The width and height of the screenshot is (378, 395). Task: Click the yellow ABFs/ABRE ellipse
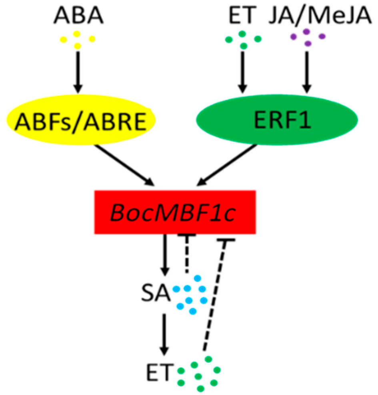80,122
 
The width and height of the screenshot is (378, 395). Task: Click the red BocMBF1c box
175,212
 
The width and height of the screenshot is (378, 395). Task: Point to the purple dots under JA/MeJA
307,37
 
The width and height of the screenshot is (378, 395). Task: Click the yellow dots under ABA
78,39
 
